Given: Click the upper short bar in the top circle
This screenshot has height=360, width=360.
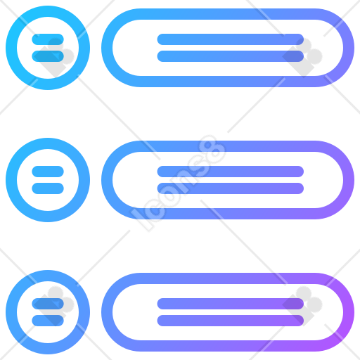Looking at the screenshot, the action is click(48, 39).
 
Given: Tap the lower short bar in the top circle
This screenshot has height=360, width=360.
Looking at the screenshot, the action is click(48, 56).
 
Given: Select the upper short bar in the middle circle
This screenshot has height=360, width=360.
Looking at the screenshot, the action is click(48, 172).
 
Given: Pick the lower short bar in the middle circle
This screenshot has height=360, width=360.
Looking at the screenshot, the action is click(48, 188).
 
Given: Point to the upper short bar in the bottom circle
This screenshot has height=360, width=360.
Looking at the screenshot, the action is click(48, 304).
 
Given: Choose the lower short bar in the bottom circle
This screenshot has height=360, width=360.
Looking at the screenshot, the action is click(48, 321).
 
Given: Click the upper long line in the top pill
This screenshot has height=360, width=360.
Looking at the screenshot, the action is click(231, 39).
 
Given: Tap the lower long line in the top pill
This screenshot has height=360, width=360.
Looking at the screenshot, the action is click(231, 56).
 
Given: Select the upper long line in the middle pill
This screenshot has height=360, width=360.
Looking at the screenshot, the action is click(231, 172).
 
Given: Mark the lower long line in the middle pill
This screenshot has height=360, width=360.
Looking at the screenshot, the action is click(231, 188).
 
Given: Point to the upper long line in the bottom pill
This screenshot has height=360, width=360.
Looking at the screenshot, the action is click(231, 304).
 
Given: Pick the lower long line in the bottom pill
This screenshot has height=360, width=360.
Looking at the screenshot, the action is click(231, 321).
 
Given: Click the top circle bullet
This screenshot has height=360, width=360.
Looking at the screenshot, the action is click(11, 48).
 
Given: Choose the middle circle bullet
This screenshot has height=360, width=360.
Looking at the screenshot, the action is click(11, 180).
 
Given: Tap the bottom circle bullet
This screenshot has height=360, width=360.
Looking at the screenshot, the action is click(11, 312).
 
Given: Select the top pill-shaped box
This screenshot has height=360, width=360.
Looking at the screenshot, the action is click(228, 14).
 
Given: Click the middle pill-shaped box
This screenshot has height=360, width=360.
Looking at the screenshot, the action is click(228, 146).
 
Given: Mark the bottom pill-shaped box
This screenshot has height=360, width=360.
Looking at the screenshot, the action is click(228, 278).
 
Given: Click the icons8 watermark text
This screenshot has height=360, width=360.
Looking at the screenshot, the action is click(178, 183).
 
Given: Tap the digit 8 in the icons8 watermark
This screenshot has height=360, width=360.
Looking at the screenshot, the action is click(212, 150).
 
